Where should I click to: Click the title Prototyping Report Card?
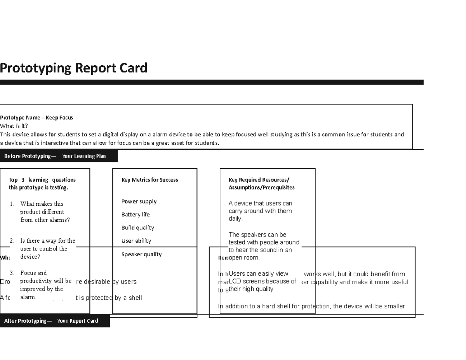click(74, 68)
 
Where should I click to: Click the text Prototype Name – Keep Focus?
click(37, 118)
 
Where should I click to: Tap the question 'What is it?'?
click(14, 126)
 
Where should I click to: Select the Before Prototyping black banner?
click(58, 156)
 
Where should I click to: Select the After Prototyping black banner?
click(55, 321)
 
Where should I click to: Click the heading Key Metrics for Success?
click(150, 180)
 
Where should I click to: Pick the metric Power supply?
click(139, 202)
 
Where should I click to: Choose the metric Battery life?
click(135, 215)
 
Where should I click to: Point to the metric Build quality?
click(137, 228)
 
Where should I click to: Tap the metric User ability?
click(136, 241)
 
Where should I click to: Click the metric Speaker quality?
click(141, 255)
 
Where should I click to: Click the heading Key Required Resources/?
click(259, 180)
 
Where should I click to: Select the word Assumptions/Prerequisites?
click(261, 188)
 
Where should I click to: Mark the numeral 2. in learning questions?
click(12, 241)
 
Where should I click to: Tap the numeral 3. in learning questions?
click(12, 273)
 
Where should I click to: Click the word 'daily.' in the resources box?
click(235, 219)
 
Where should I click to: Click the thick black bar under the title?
click(212, 82)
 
